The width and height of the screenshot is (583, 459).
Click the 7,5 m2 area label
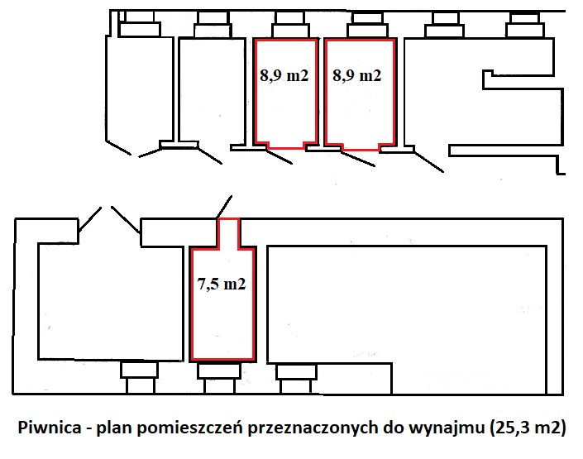222,284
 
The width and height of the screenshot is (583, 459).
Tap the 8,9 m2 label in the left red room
284,76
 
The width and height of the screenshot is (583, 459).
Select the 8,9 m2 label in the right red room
356,76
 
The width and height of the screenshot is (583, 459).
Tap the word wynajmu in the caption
452,428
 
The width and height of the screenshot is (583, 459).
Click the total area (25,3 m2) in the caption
528,428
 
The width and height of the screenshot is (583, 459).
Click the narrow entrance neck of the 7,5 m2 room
227,233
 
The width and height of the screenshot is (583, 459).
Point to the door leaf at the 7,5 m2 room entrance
224,205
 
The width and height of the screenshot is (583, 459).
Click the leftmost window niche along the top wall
139,26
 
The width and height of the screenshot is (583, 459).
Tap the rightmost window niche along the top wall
525,26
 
